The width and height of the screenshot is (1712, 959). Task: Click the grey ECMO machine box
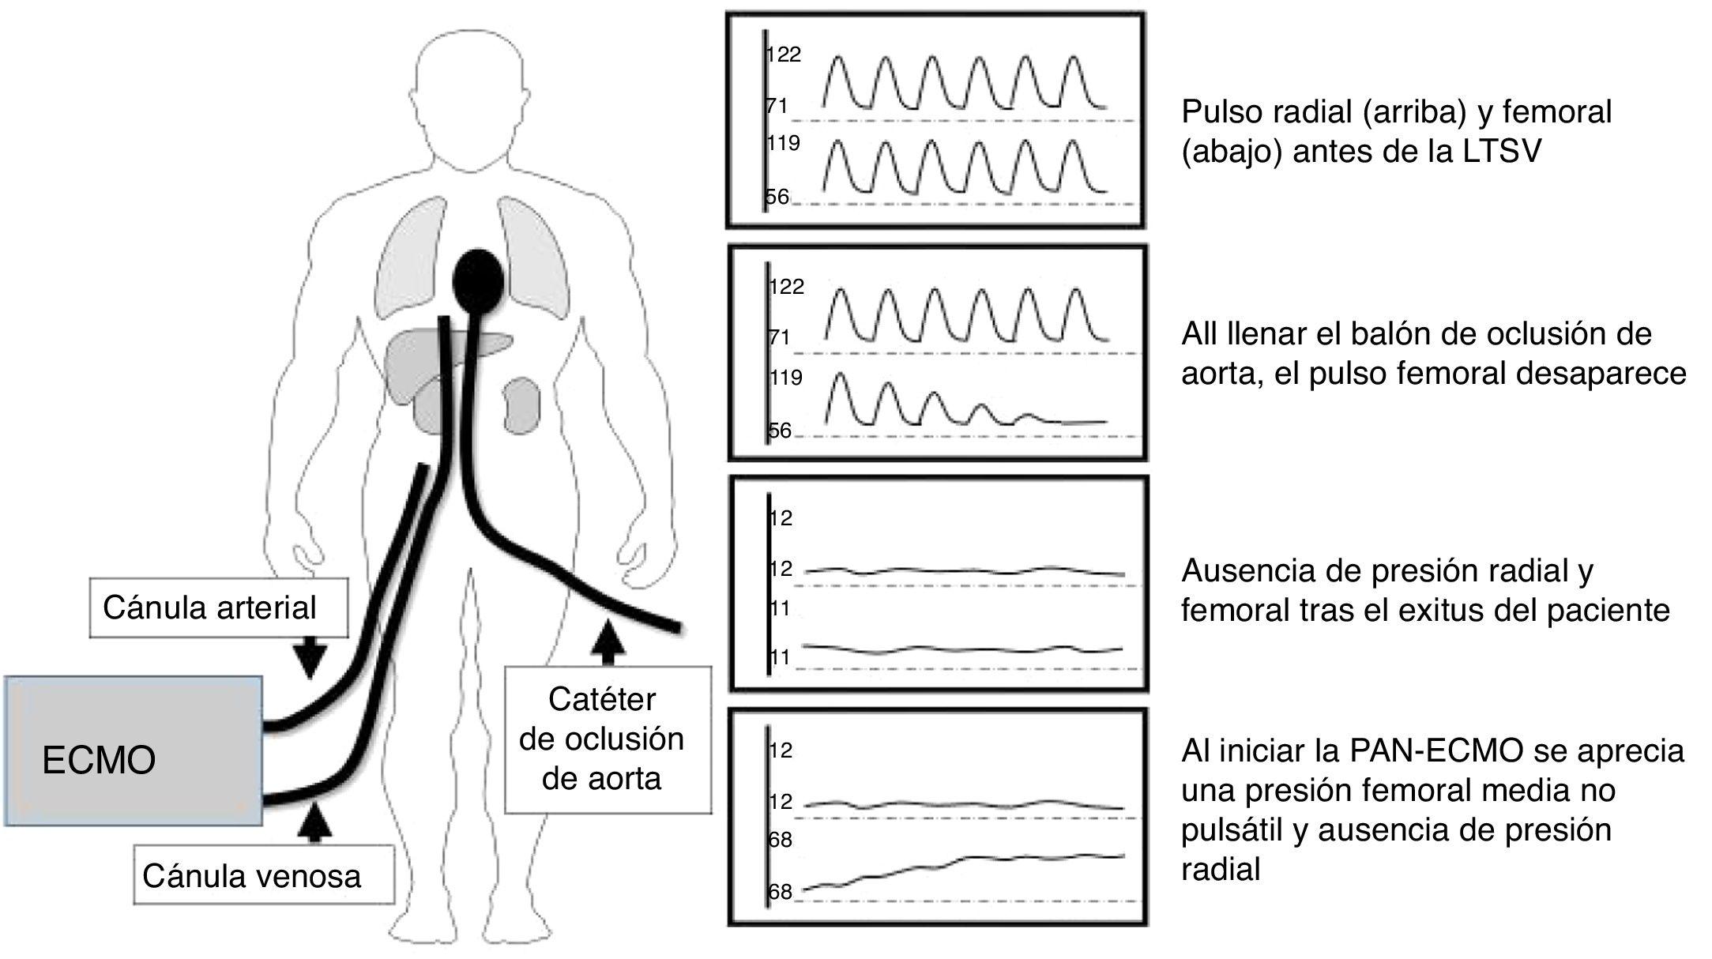point(133,750)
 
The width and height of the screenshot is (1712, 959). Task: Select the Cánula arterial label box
point(218,607)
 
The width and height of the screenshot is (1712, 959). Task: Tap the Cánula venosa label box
point(262,875)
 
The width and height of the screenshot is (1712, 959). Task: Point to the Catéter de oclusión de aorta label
point(608,739)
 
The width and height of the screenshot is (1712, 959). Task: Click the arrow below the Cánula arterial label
point(309,656)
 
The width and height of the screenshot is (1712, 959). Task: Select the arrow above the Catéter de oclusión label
point(607,641)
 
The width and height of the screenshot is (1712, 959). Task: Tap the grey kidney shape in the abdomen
point(520,405)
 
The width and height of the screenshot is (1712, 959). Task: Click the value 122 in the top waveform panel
point(783,55)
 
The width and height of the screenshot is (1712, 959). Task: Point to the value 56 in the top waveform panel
point(777,197)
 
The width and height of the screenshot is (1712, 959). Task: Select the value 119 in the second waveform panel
point(785,378)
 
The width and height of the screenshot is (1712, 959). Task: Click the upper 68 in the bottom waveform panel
point(780,840)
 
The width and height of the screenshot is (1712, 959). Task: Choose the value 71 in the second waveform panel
point(779,337)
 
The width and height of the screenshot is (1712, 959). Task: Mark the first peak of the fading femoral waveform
point(840,373)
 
